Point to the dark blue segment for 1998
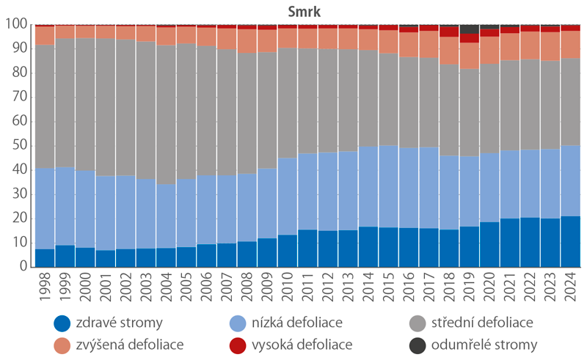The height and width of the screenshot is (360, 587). [45, 257]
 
